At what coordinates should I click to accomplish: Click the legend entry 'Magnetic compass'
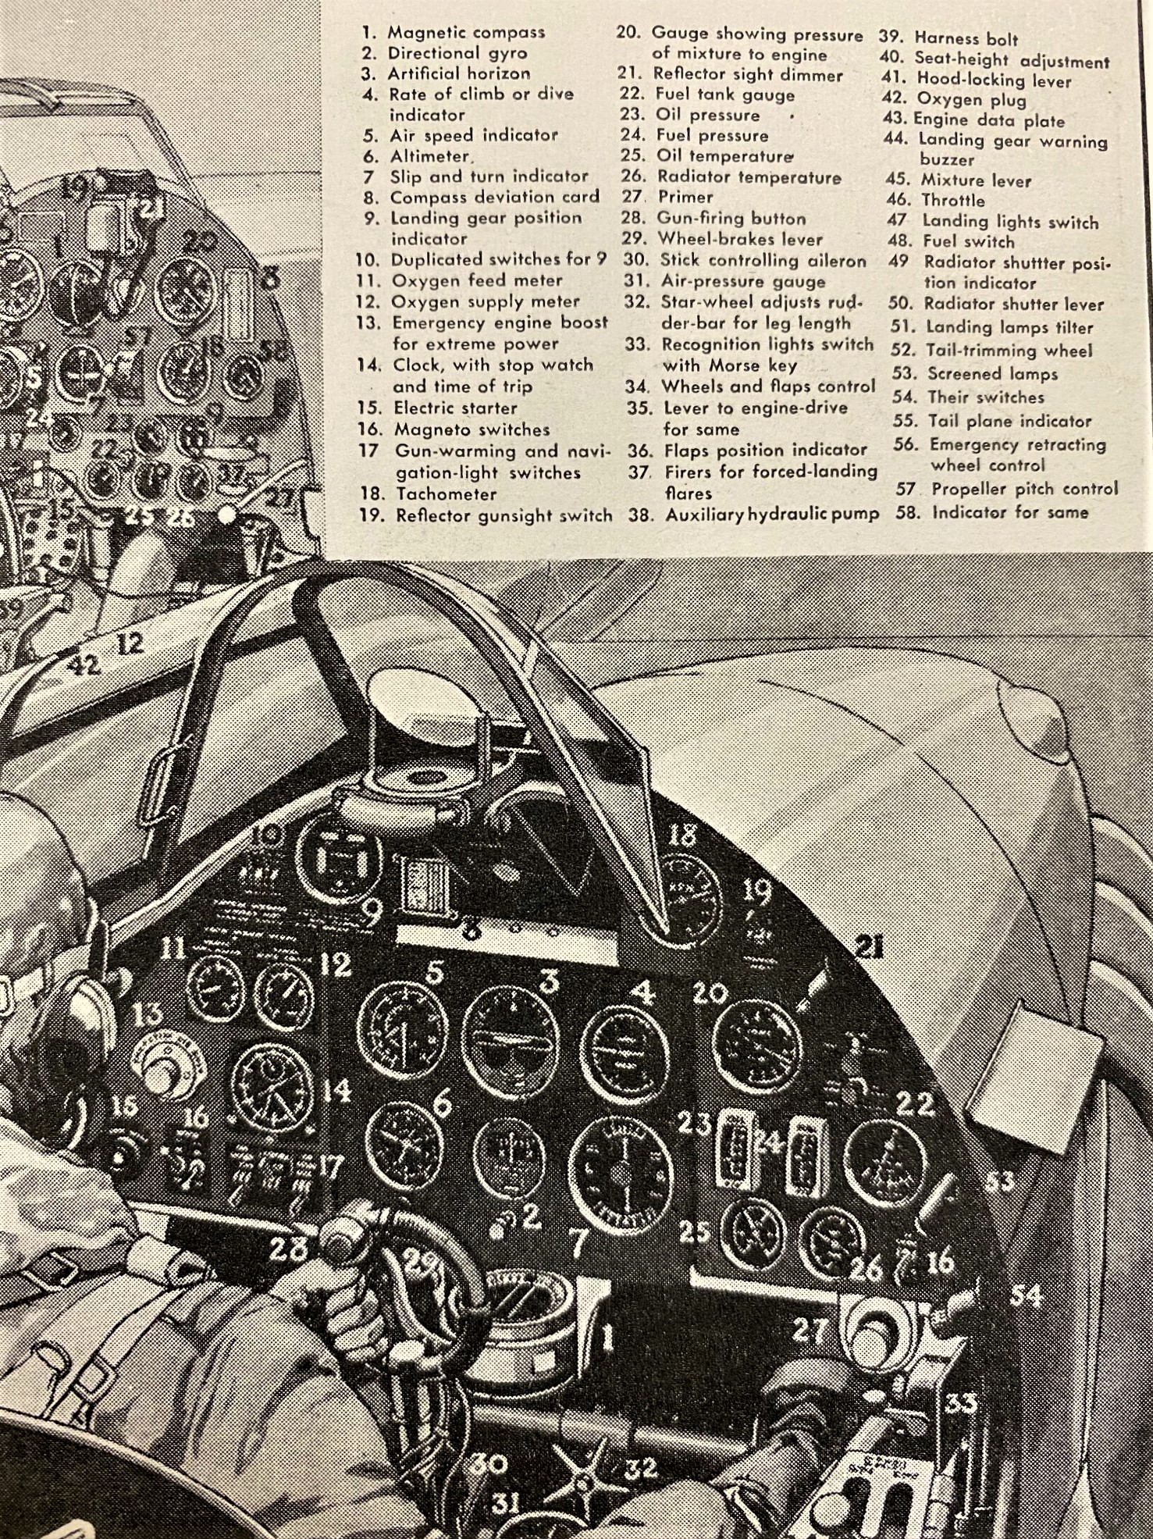click(x=466, y=33)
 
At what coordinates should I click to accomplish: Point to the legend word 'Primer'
click(x=685, y=198)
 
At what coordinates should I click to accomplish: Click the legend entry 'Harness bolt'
click(x=966, y=38)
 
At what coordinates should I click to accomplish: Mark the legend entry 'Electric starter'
click(x=455, y=408)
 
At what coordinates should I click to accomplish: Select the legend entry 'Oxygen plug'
click(x=971, y=100)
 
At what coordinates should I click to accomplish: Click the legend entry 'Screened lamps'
click(x=992, y=374)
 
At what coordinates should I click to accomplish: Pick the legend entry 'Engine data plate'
click(x=989, y=120)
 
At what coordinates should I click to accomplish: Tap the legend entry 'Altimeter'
click(x=431, y=156)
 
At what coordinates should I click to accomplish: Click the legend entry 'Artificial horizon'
click(x=459, y=74)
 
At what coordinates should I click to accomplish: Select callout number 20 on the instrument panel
click(x=710, y=994)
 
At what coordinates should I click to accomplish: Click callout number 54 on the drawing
click(x=1026, y=1295)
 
